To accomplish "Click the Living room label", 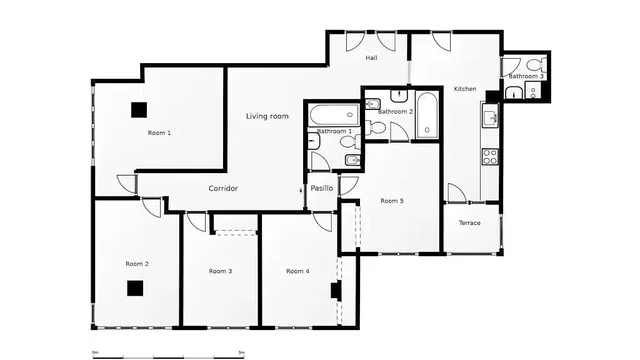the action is coord(267,116).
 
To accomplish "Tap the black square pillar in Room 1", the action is coord(139,110).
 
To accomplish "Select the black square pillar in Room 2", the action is coord(135,288).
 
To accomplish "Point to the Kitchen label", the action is coord(465,89).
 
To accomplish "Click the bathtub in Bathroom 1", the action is coord(334,116).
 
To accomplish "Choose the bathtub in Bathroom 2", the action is coord(427,116).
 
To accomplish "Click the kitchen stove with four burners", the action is coord(490,156).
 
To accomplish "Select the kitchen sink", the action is coord(490,116).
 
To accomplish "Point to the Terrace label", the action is coord(469,223).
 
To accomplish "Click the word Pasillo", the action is coord(322,188).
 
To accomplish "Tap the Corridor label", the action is coord(223,188).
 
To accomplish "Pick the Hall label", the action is coord(371,58).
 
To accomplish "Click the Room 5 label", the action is coord(392,201).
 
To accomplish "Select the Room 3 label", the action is coord(220,271).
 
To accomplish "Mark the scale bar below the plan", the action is coord(169,357).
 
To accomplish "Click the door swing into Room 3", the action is coord(197,222).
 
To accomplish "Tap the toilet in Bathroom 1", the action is coord(350,142).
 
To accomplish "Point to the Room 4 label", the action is coord(298,271).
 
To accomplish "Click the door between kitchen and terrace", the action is coord(457,193).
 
